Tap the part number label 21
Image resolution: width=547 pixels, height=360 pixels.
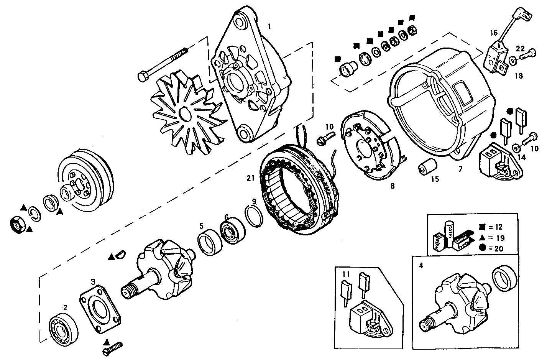(251, 178)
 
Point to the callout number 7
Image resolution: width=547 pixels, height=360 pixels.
(460, 168)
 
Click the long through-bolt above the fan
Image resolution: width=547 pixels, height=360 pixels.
(163, 64)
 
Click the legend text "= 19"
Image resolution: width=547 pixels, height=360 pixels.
(495, 238)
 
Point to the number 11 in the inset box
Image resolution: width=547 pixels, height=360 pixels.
(346, 274)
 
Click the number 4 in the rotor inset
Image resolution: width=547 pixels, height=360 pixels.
(421, 265)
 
